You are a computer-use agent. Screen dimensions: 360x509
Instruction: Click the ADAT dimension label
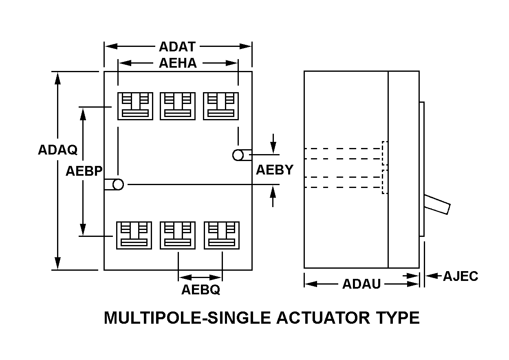point(177,46)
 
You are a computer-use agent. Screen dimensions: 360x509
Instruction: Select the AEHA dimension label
point(178,63)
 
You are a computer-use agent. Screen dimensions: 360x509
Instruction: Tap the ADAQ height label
point(57,150)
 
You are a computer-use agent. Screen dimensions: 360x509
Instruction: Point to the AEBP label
point(84,171)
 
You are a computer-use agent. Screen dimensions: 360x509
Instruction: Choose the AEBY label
point(275,170)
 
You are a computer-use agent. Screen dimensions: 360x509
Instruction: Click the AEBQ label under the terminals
point(201,289)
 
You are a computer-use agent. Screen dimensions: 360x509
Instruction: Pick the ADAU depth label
point(361,284)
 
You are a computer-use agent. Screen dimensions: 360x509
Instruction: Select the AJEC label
point(461,276)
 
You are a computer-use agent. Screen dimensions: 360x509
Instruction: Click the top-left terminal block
point(135,106)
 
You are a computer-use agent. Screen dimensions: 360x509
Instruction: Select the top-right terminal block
point(220,106)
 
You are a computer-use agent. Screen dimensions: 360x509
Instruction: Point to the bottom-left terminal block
point(134,235)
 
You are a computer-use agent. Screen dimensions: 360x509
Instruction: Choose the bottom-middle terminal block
point(178,235)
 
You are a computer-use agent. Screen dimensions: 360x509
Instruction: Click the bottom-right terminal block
point(221,235)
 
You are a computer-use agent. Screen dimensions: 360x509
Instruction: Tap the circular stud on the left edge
point(117,185)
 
